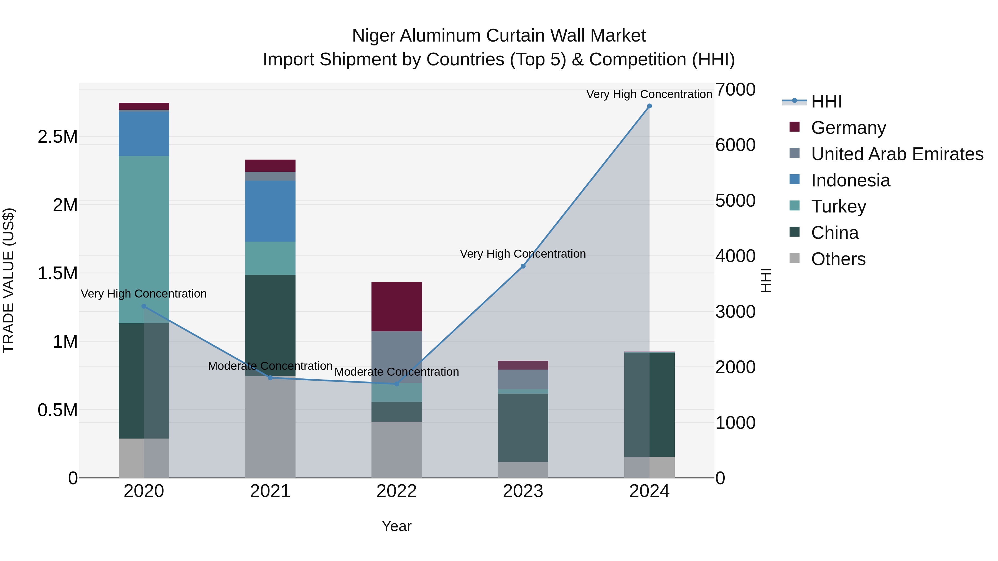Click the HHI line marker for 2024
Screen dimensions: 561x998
point(649,106)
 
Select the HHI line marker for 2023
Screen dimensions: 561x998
point(523,266)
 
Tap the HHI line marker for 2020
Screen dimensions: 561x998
point(144,306)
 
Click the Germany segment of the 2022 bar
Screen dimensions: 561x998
point(396,307)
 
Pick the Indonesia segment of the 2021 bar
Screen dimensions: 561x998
point(270,211)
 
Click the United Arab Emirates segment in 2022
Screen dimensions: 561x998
point(396,357)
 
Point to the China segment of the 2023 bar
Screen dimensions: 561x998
point(523,427)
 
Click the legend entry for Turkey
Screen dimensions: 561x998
point(838,206)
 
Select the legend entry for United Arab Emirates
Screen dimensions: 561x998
point(897,154)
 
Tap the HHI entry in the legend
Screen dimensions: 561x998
point(826,101)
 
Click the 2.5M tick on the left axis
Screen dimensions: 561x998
point(57,137)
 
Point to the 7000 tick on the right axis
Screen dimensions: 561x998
point(735,89)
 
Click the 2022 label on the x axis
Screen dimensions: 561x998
point(396,491)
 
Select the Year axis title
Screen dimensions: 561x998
point(396,526)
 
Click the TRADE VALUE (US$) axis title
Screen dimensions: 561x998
point(9,280)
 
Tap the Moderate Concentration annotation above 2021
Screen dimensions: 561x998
point(270,366)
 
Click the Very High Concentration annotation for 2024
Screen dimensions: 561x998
point(649,94)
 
